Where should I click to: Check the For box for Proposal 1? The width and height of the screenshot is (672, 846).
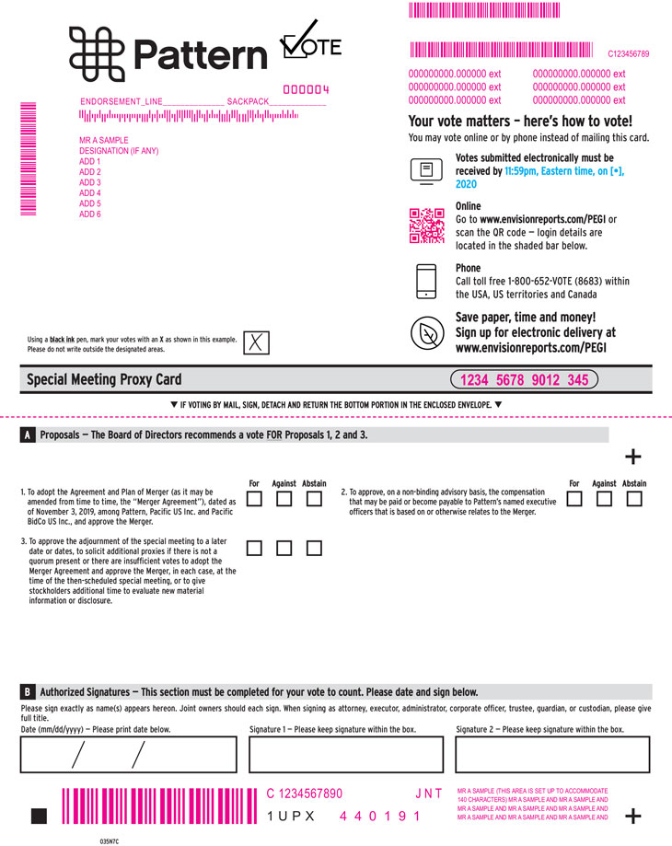tap(254, 499)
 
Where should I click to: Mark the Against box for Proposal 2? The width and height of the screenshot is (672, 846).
tap(604, 499)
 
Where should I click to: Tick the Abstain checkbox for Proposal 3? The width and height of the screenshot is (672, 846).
tap(314, 548)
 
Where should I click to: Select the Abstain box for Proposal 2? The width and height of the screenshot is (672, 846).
tap(634, 499)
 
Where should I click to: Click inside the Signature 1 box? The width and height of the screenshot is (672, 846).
tap(346, 754)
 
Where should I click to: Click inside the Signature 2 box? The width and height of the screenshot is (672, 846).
tap(552, 754)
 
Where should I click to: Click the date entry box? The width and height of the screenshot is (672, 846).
tap(128, 754)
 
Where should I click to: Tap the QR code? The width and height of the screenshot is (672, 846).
tap(426, 226)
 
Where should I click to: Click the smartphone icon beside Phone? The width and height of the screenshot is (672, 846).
tap(426, 281)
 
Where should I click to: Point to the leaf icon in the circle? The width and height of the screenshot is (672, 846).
tap(427, 333)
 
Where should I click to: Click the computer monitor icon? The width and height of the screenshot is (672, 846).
tap(426, 171)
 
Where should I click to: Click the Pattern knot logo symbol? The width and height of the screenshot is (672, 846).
tap(97, 54)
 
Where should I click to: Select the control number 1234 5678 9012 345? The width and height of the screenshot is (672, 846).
tap(524, 380)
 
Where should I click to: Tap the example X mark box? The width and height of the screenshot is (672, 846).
tap(256, 342)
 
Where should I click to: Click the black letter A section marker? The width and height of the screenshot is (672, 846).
tap(28, 435)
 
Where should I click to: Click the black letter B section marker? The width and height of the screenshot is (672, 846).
tap(28, 691)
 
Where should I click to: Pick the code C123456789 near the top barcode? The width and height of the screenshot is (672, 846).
tap(629, 54)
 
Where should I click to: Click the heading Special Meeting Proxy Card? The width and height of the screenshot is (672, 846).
tap(104, 380)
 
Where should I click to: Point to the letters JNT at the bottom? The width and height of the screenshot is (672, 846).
tap(429, 794)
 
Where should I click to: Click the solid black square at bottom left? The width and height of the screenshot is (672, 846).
tap(39, 816)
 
